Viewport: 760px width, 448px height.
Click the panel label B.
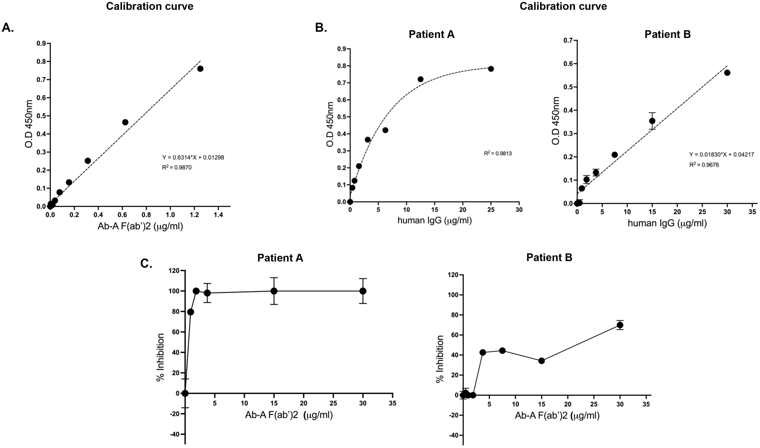point(321,28)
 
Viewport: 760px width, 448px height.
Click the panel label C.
point(146,263)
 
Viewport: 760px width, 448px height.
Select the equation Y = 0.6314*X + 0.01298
point(193,158)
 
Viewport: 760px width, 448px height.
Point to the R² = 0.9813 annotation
point(498,153)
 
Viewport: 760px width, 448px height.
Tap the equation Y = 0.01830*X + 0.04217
point(721,155)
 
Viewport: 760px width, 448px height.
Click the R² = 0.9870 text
point(177,167)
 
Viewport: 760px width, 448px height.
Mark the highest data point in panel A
point(200,69)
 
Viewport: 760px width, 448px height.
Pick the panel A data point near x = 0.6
point(125,122)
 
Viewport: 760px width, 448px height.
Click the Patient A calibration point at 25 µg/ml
point(491,69)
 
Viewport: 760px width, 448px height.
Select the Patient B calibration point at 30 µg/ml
point(727,73)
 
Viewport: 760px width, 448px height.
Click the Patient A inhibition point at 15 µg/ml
point(274,291)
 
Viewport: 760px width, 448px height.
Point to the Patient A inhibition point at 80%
point(191,312)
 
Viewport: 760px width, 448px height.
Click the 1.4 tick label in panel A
point(218,215)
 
